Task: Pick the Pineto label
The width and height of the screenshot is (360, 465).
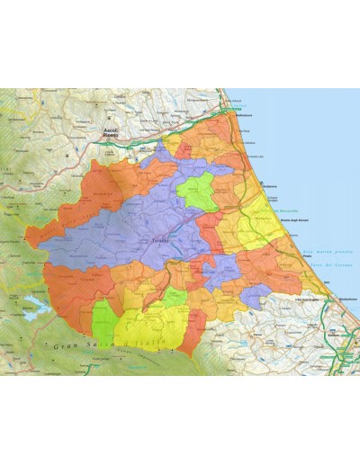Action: point(309,256)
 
